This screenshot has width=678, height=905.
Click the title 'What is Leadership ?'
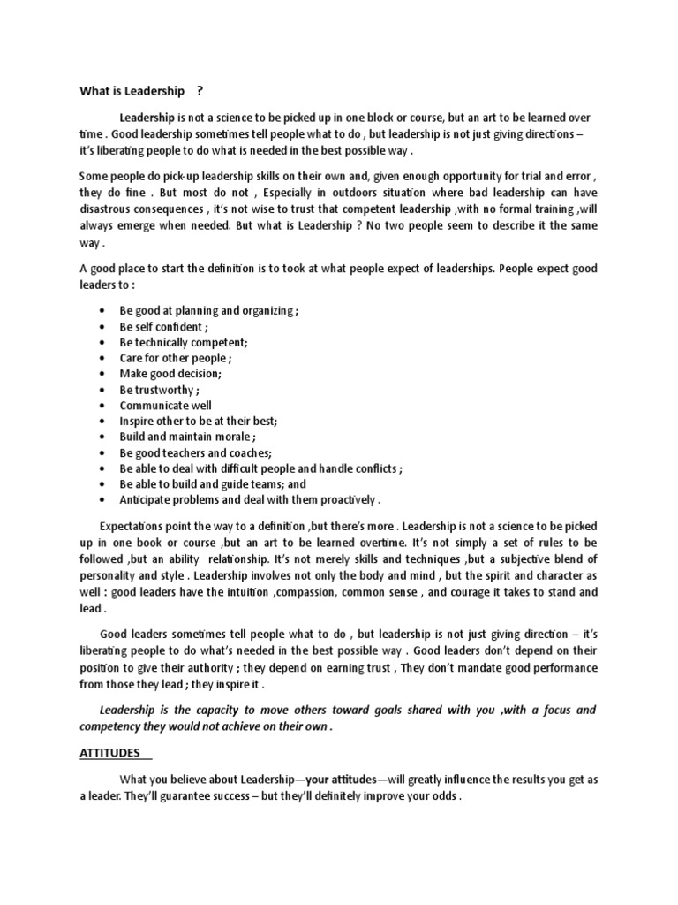(142, 90)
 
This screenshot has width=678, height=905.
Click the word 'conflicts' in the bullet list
(371, 469)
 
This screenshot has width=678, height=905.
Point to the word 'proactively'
(346, 499)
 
